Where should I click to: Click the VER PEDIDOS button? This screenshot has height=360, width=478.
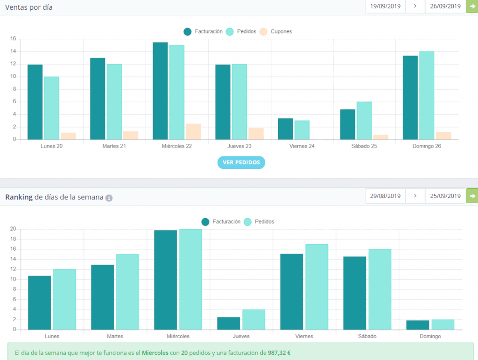tap(241, 162)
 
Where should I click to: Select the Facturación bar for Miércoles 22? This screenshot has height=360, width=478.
tap(161, 91)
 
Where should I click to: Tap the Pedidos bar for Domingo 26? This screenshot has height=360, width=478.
tap(427, 95)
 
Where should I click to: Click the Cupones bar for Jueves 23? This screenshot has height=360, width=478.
tap(256, 134)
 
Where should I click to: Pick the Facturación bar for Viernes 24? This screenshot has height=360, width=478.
tap(285, 129)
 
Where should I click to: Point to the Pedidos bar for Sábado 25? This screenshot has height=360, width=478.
tap(364, 121)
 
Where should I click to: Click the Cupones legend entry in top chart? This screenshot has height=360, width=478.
tap(276, 31)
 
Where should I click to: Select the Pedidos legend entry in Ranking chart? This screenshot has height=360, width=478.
tap(259, 222)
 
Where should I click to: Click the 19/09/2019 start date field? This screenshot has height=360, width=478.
tap(385, 7)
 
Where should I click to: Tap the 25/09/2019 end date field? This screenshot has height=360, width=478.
tap(445, 196)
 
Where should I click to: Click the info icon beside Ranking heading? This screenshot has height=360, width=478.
tap(109, 198)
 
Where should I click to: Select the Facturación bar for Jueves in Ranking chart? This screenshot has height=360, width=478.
tap(229, 324)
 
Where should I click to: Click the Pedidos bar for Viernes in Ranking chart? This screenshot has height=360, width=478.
tap(317, 287)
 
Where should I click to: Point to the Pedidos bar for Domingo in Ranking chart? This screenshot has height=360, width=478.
tap(443, 325)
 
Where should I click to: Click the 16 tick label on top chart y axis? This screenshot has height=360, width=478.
tap(13, 38)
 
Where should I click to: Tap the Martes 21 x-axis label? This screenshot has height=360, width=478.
tap(114, 146)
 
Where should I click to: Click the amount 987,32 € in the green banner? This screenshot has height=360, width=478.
tap(279, 353)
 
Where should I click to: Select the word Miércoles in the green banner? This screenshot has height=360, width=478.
tap(155, 353)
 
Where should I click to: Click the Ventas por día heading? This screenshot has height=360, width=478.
tap(28, 7)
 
